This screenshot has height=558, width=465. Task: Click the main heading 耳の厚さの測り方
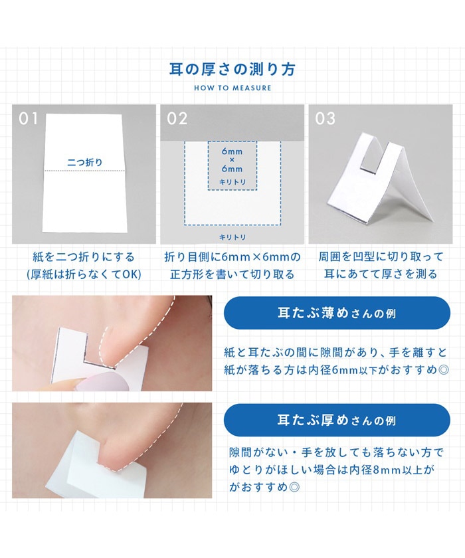[x=232, y=69]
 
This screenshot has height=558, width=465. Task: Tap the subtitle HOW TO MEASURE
[x=232, y=88]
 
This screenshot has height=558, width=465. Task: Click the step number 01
[x=28, y=118]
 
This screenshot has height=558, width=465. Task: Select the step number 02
[x=177, y=118]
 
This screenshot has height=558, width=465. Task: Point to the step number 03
[x=325, y=118]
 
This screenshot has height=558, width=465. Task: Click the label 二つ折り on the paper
[x=84, y=162]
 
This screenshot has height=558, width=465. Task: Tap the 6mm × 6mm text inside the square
[x=232, y=160]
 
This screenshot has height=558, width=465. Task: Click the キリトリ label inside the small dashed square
[x=232, y=182]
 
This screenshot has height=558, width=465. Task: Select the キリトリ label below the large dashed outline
[x=232, y=237]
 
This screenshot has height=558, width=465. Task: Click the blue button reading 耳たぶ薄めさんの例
[x=337, y=313]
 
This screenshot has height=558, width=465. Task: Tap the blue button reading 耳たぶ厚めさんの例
[x=337, y=420]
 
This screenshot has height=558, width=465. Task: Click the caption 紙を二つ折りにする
[x=84, y=256]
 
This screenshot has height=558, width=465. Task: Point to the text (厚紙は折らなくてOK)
[x=84, y=274]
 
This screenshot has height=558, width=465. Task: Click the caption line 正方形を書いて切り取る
[x=232, y=274]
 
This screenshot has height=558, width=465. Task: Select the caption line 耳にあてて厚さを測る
[x=381, y=274]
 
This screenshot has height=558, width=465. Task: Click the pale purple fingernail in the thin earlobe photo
[x=102, y=381]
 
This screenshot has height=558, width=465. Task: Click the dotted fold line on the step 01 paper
[x=84, y=171]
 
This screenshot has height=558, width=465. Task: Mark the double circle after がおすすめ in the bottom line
[x=294, y=486]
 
